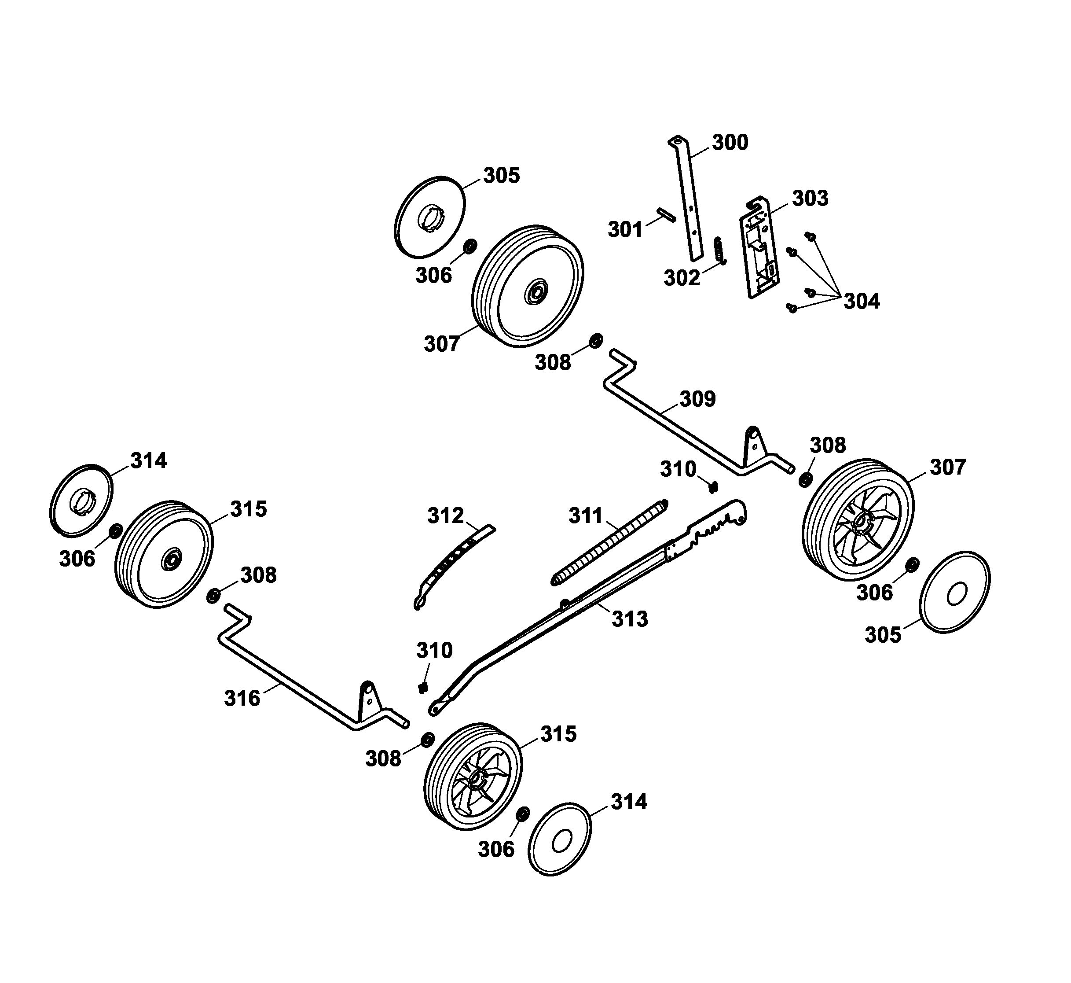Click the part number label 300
[x=730, y=143]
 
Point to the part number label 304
[x=862, y=302]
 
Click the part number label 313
[x=630, y=619]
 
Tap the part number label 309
[x=697, y=399]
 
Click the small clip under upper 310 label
[x=714, y=486]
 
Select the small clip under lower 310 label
[x=423, y=688]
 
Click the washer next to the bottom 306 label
[x=522, y=814]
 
